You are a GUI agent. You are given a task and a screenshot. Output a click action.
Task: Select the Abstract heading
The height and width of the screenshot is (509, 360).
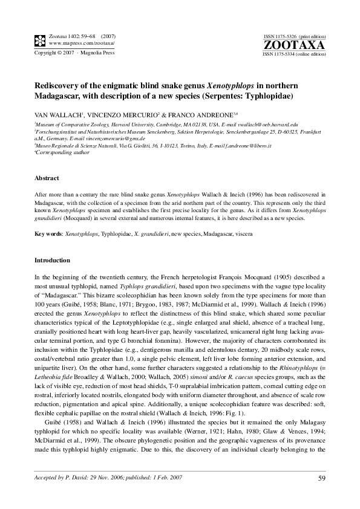click(x=47, y=178)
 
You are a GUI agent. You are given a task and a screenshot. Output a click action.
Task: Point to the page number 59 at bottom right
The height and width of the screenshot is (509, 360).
click(x=321, y=479)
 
